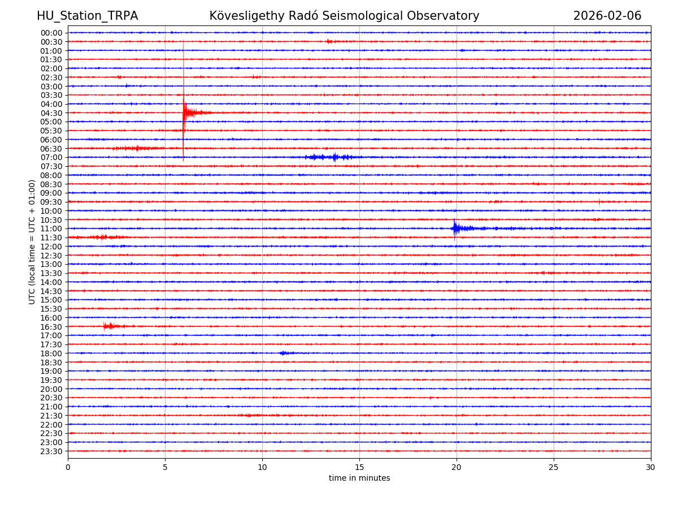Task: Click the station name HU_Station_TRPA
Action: [87, 16]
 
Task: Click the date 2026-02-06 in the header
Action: [607, 16]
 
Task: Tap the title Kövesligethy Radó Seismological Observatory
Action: [344, 16]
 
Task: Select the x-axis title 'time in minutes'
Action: [359, 478]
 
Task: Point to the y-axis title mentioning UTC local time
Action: [32, 241]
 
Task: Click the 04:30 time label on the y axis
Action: [51, 113]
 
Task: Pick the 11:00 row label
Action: [51, 228]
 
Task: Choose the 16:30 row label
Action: [51, 327]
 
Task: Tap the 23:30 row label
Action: [51, 451]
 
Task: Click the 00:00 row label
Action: [51, 33]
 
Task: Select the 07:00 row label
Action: [51, 157]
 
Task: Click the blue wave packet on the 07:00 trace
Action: [331, 157]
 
